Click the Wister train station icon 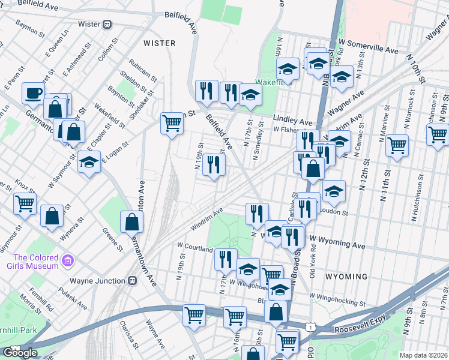pos(107,25)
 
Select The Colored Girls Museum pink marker pos(68,261)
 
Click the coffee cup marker pos(33,93)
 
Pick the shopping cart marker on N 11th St pos(397,145)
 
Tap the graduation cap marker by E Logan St pos(89,162)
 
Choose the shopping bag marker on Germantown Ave pos(131,222)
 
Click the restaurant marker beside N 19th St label pos(214,165)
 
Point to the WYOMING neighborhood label pos(346,277)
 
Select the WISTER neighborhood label pos(160,43)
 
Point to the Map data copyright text pos(424,355)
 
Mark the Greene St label pos(112,237)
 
